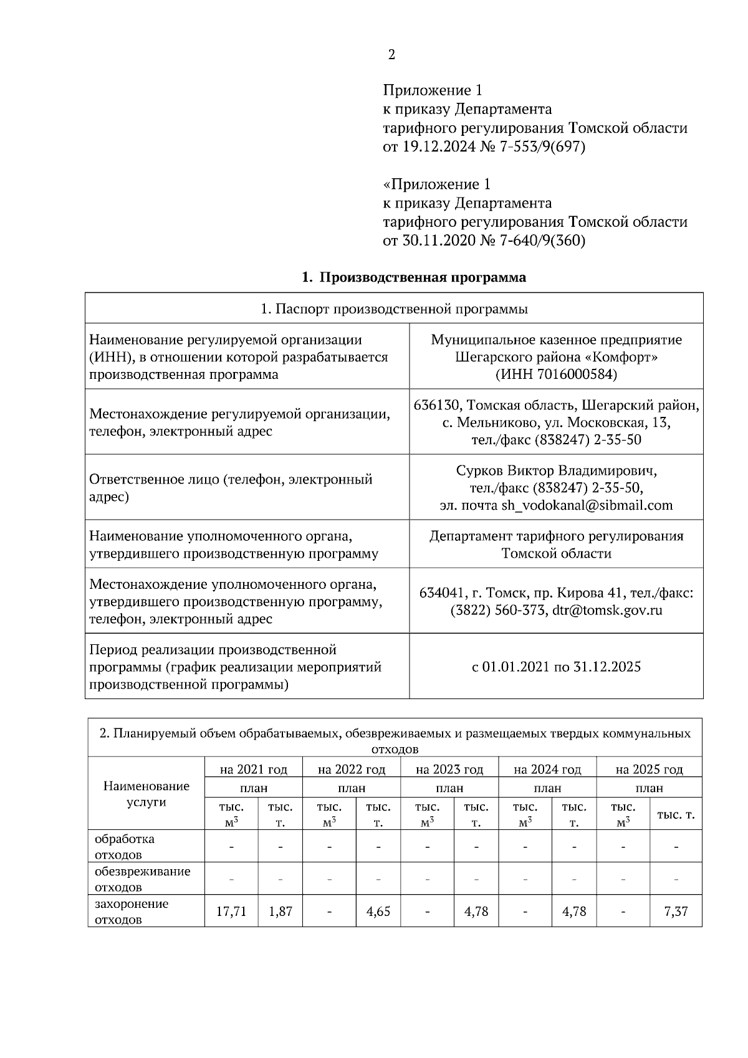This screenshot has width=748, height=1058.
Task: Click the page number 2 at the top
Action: [391, 55]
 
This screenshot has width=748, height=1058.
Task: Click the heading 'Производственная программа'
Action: [423, 277]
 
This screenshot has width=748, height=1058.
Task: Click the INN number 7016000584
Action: [570, 374]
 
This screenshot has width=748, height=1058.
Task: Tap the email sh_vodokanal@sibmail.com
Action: [587, 505]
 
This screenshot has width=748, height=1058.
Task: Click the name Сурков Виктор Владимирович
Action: [556, 470]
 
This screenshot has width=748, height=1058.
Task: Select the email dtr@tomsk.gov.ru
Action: [607, 610]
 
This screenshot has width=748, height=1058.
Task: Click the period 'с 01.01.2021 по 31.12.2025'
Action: [556, 667]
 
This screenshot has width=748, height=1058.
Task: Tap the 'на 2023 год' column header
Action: [449, 770]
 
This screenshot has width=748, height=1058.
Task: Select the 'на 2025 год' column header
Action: [649, 770]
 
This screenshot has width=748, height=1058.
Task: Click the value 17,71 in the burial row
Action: [231, 912]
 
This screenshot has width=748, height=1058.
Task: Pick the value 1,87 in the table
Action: [280, 912]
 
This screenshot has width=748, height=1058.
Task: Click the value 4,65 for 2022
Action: [378, 912]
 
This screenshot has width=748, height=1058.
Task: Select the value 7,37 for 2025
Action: [676, 912]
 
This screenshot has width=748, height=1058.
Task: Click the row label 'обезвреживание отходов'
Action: [142, 879]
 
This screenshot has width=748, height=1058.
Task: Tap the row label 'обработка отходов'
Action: [125, 846]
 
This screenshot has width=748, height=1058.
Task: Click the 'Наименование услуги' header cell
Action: [146, 793]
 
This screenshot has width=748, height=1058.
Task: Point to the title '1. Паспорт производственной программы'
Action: [394, 309]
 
